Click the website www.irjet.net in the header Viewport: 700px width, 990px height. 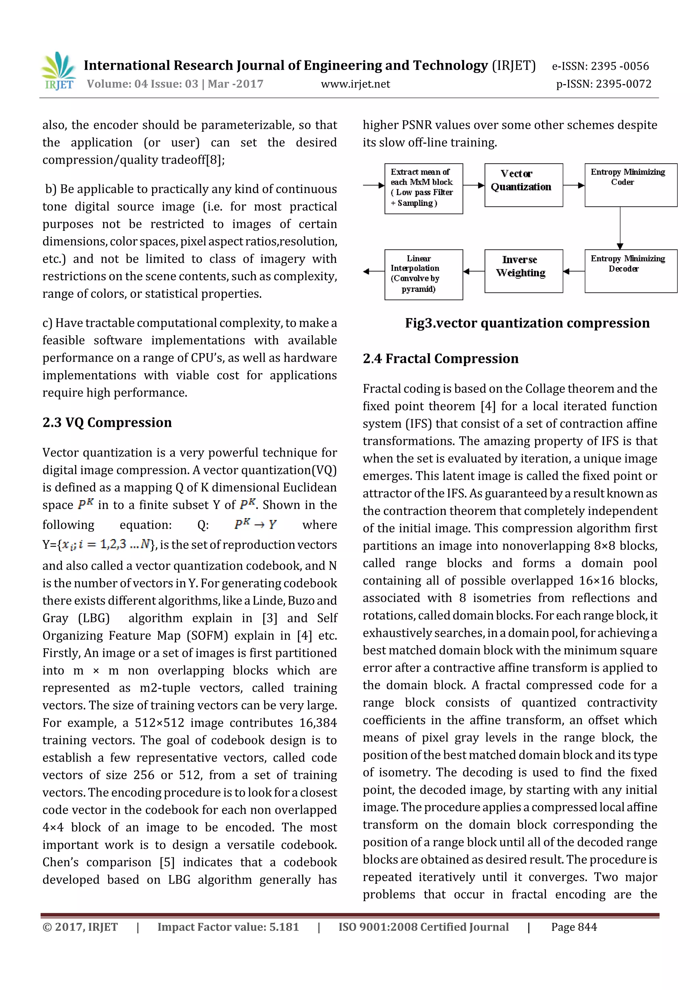pyautogui.click(x=355, y=84)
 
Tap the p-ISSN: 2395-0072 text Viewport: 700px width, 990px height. pyautogui.click(x=603, y=84)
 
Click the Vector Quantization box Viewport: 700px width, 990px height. pyautogui.click(x=523, y=185)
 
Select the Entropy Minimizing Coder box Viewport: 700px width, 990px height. pyautogui.click(x=631, y=185)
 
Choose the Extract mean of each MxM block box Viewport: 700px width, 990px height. pyautogui.click(x=423, y=188)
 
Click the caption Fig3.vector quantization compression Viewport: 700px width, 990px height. pyautogui.click(x=527, y=323)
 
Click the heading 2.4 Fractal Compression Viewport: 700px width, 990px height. pyautogui.click(x=440, y=359)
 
